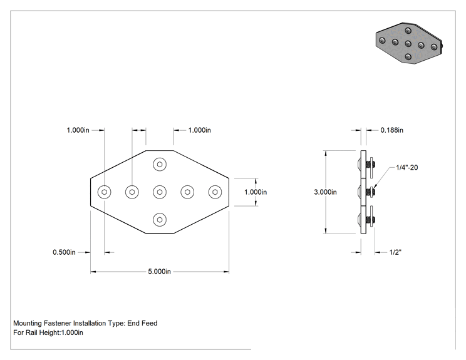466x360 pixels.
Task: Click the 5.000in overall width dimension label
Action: [x=159, y=272]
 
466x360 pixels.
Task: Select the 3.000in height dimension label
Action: [x=325, y=192]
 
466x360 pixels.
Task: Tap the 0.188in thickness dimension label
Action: [x=391, y=130]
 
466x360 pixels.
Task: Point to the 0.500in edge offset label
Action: [x=64, y=252]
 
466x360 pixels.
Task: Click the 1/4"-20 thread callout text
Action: [x=407, y=168]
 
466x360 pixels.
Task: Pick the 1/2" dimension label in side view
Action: [x=395, y=252]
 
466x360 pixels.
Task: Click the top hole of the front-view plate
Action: [x=160, y=164]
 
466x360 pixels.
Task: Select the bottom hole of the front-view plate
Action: [x=160, y=220]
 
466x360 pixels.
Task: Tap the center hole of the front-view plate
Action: [x=160, y=192]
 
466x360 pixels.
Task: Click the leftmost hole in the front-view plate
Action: [x=105, y=192]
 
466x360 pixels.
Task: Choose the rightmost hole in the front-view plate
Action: [x=215, y=192]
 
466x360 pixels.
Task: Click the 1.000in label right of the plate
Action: [x=256, y=192]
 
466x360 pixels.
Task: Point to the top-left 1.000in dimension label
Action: [x=78, y=130]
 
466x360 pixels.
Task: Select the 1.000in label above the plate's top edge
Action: [x=199, y=130]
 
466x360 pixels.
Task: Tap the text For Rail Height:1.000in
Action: [x=48, y=332]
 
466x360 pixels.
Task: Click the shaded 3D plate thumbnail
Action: [x=409, y=43]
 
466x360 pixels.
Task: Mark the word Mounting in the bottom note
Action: [x=28, y=323]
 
